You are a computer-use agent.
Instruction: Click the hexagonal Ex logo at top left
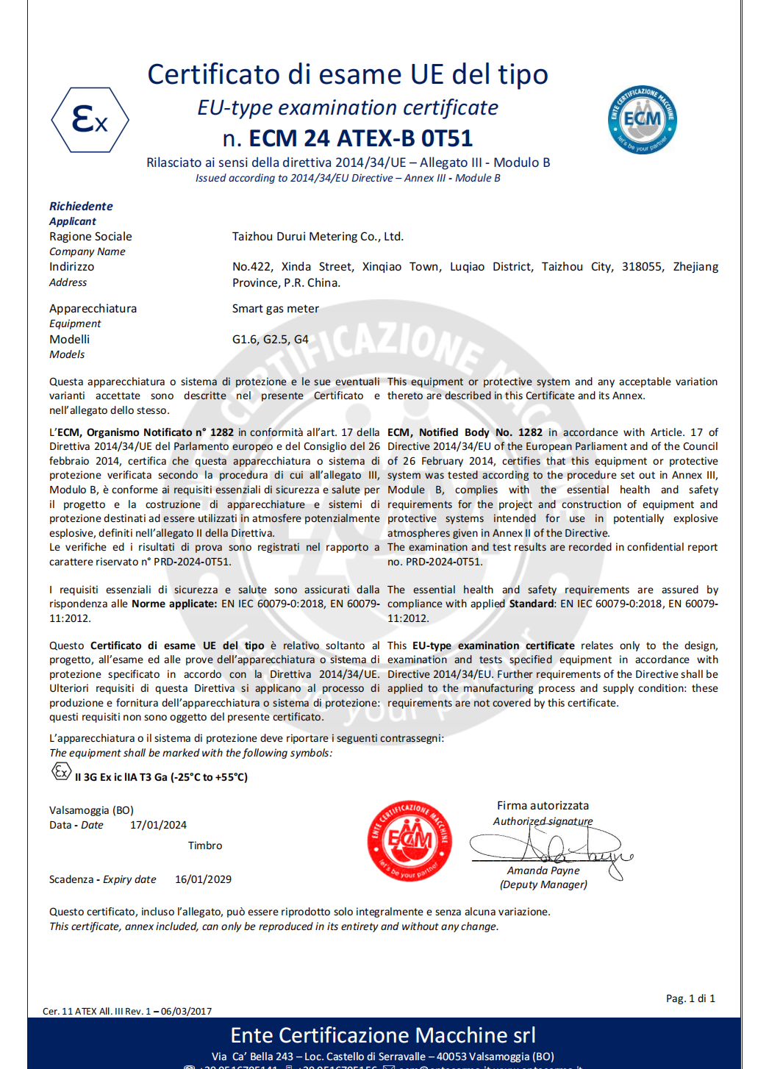tap(90, 120)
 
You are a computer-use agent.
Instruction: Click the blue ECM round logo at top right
tap(642, 119)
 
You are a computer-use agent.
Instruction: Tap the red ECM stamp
tap(409, 840)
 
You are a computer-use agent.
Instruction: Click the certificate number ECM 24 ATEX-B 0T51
tap(348, 138)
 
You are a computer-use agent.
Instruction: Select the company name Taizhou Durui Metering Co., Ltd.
tap(318, 237)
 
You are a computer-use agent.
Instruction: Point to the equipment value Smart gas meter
tap(276, 309)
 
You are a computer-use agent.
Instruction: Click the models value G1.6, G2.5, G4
tap(270, 340)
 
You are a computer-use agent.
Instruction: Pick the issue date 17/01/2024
tap(158, 825)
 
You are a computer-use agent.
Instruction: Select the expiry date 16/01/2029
tap(203, 879)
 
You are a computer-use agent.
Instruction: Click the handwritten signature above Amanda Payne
tap(551, 847)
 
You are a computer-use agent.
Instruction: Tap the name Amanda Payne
tap(543, 870)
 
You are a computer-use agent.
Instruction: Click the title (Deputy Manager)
tap(543, 884)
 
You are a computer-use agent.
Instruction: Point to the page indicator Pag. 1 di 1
tap(690, 998)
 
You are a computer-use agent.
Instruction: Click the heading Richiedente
tap(81, 207)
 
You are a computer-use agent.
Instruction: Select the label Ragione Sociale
tap(90, 237)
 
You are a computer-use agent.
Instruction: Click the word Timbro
tap(204, 845)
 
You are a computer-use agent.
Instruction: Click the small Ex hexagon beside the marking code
tap(61, 771)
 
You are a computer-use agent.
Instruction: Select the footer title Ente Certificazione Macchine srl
tap(383, 1035)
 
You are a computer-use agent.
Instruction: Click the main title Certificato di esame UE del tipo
tap(348, 74)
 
